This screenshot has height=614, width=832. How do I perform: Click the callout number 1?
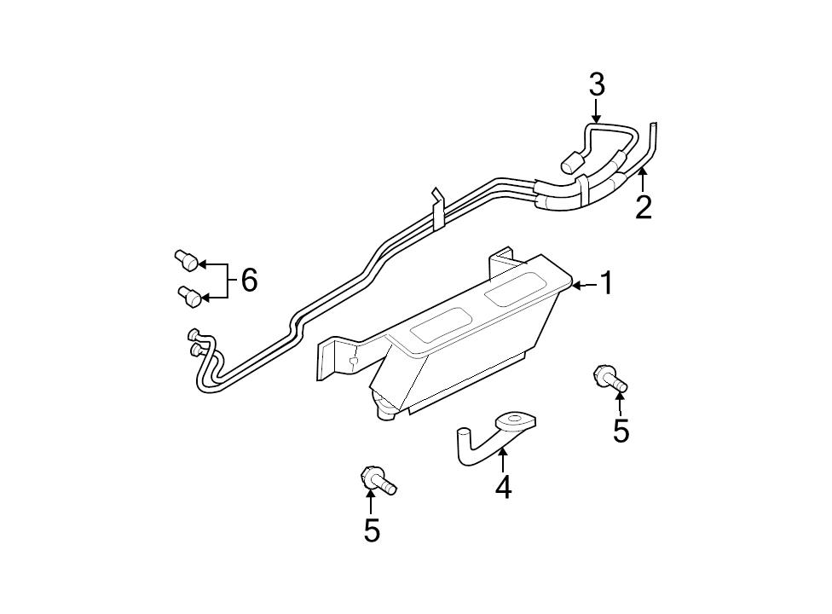point(606,284)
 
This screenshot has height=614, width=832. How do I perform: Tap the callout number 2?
point(644,206)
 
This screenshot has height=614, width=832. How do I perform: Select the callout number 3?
point(596,85)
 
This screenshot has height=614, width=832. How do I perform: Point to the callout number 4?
point(504,488)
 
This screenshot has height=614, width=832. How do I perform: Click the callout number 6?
point(249,280)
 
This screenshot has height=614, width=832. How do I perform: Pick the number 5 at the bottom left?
point(372,530)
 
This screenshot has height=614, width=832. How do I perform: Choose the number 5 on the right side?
point(621,431)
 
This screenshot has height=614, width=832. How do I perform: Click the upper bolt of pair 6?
point(186,259)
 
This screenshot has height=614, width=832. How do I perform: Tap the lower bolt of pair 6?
point(189,297)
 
